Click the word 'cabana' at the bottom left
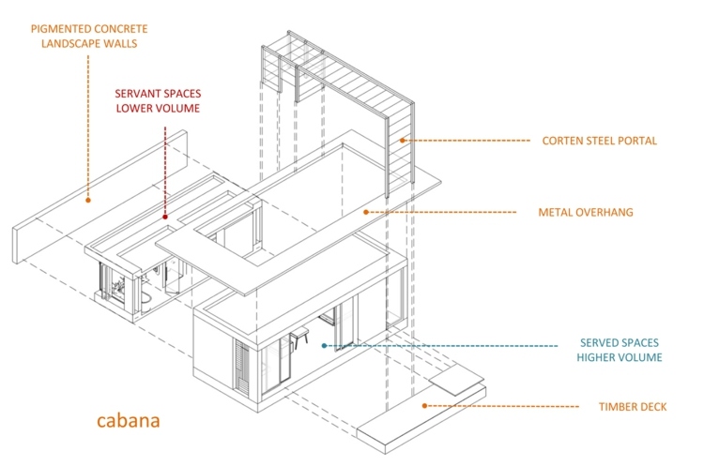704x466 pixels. click(130, 419)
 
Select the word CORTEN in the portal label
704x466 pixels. click(562, 142)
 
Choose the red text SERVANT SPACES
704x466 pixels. click(158, 94)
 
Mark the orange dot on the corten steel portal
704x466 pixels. click(402, 142)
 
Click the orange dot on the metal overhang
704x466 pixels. click(366, 213)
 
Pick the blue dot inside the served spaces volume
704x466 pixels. click(324, 346)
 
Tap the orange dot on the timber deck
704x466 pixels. click(424, 406)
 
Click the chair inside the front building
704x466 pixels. click(302, 339)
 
